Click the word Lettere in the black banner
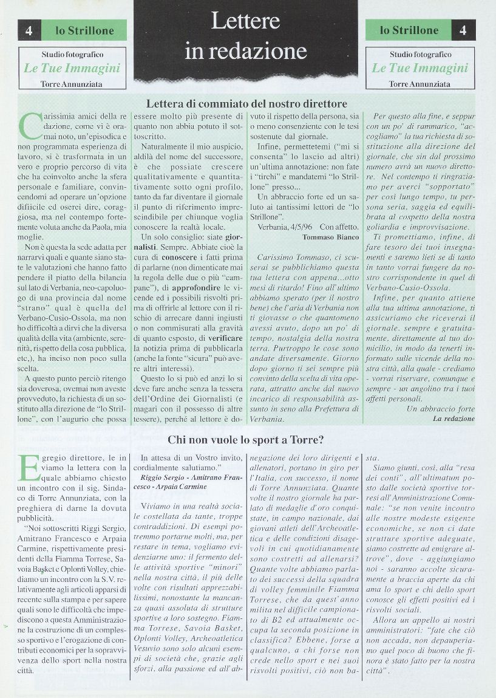245,21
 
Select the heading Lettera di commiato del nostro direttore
246,103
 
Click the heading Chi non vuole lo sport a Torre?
245,439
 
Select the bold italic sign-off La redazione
454,419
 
